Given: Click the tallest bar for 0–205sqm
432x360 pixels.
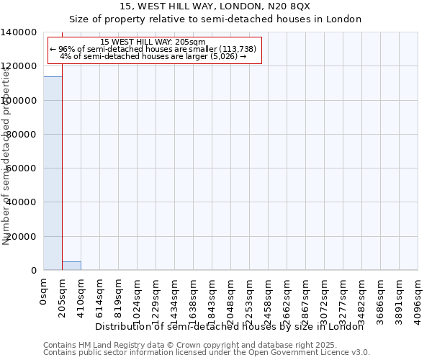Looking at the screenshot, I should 53,173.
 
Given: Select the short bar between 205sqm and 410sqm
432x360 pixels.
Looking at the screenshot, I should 71,266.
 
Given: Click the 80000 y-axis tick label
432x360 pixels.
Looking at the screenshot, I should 22,135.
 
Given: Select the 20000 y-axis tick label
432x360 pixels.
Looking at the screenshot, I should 22,237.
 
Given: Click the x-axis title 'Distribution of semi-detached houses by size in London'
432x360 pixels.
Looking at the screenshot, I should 230,326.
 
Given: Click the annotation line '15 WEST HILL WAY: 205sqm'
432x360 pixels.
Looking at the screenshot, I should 153,42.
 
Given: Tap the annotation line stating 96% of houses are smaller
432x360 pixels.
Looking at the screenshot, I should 153,49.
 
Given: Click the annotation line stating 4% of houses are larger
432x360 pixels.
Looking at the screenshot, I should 153,56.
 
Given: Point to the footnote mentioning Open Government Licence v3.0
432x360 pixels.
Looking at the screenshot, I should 207,353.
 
